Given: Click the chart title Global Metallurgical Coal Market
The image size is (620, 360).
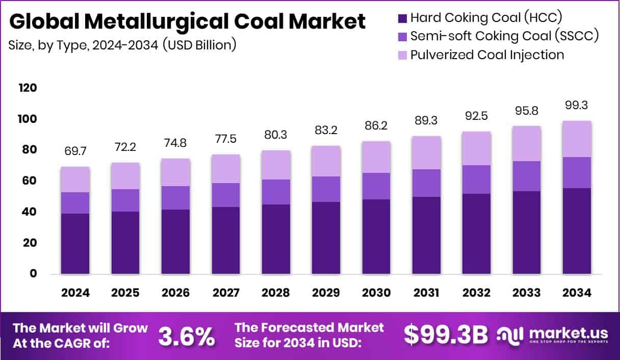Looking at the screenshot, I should click(187, 22).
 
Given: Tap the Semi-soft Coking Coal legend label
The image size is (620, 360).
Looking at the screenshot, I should click(504, 36).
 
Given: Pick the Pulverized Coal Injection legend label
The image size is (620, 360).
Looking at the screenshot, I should click(487, 55).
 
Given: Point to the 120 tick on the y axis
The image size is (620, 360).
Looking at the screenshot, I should click(28, 88).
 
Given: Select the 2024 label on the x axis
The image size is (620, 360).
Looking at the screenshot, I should click(75, 293).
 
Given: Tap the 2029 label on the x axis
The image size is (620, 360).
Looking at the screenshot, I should click(326, 293).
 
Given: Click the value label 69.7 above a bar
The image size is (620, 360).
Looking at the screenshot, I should click(75, 151).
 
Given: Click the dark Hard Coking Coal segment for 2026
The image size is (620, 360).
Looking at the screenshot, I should click(175, 242).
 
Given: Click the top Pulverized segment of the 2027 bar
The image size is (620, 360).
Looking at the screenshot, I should click(225, 168).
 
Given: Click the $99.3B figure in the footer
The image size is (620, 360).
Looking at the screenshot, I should click(445, 335).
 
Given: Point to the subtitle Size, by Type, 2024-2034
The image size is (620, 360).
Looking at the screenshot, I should click(122, 45).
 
